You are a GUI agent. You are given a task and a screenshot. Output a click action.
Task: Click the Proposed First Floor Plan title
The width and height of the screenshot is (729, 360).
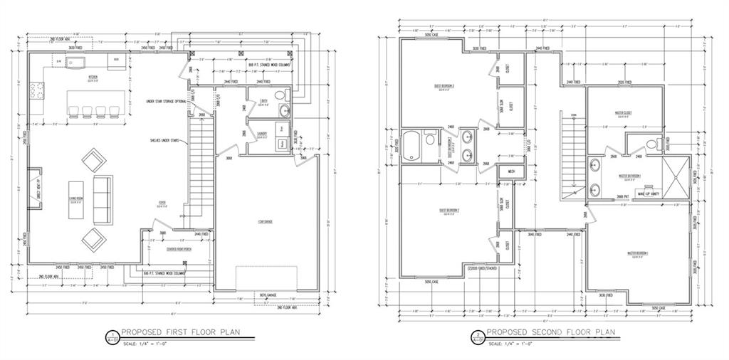(x=182, y=332)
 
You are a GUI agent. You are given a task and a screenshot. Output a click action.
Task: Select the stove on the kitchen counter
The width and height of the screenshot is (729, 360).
(x=36, y=90)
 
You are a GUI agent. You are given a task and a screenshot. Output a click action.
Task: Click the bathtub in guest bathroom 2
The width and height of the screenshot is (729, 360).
(x=412, y=147)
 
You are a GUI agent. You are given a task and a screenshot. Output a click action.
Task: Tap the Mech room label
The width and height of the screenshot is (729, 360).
(x=512, y=171)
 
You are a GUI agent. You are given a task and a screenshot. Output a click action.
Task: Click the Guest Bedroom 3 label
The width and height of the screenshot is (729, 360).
(x=446, y=88)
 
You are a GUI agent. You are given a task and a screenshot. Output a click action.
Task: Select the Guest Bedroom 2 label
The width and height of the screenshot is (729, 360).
(x=446, y=211)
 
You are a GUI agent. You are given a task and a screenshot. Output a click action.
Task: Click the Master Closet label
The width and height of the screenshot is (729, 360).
(x=624, y=113)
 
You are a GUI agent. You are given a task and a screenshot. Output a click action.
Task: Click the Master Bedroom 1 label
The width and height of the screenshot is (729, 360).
(x=637, y=254)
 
